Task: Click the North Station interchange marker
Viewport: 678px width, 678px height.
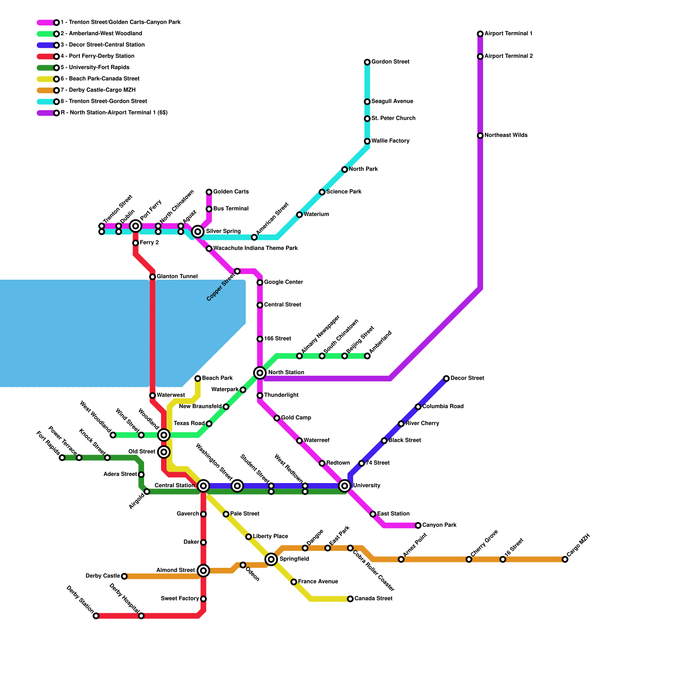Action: coord(260,373)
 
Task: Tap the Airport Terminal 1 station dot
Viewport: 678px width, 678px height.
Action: coord(480,34)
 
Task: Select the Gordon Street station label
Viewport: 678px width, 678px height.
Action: coord(390,62)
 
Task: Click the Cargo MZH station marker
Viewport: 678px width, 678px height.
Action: coord(565,559)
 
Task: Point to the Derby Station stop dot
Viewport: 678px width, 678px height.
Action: coord(96,616)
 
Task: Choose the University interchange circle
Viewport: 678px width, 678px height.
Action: coord(345,486)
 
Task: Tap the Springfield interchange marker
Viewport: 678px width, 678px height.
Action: coord(271,559)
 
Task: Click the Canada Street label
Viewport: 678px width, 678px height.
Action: coord(373,599)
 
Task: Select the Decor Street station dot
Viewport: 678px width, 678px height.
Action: coord(446,378)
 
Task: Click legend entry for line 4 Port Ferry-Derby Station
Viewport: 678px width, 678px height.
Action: coord(97,56)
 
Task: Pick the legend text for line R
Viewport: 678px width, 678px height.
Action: coord(114,113)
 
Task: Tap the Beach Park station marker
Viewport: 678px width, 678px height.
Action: coord(197,378)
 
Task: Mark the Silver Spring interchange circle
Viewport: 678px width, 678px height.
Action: coord(197,231)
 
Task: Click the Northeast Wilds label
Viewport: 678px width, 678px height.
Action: coord(506,136)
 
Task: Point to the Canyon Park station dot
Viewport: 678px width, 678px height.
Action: coord(418,525)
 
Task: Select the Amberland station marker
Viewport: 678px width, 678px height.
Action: coord(367,356)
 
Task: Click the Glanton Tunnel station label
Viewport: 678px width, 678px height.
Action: coord(177,277)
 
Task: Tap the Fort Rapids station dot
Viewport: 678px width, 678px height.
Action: coord(62,458)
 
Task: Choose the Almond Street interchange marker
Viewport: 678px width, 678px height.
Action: coord(203,571)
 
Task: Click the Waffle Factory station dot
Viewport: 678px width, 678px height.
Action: coord(367,141)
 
